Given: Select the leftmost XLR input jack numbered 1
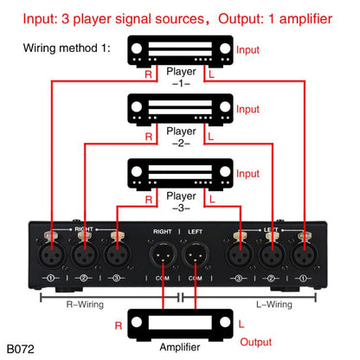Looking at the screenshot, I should (x=51, y=254).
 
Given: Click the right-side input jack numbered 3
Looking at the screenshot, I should (x=237, y=254).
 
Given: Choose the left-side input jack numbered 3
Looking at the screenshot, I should (x=117, y=254).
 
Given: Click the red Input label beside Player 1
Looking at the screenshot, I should (x=247, y=51).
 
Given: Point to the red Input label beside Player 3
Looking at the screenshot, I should (x=247, y=173).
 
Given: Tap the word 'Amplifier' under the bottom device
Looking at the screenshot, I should (x=180, y=348).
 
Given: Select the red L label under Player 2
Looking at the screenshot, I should (x=210, y=137).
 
